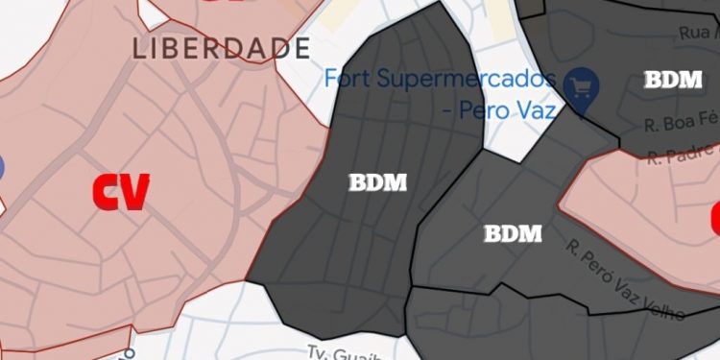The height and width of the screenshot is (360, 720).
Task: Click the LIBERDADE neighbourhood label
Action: coord(222,48)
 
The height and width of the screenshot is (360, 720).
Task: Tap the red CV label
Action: coord(120,192)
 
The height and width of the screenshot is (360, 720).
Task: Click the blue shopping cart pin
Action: coord(580,85)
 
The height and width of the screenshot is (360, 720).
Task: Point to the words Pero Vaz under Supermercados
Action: coord(511,110)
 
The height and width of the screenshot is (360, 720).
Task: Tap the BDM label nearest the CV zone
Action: coord(377,181)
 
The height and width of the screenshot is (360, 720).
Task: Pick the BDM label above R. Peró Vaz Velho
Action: coord(513,233)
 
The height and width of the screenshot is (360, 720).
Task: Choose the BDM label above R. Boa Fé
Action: coord(673,80)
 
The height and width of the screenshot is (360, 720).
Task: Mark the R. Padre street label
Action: coord(683,154)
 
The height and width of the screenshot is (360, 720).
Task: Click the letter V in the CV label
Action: coord(135,192)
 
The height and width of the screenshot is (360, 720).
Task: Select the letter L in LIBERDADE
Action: coord(139,48)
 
